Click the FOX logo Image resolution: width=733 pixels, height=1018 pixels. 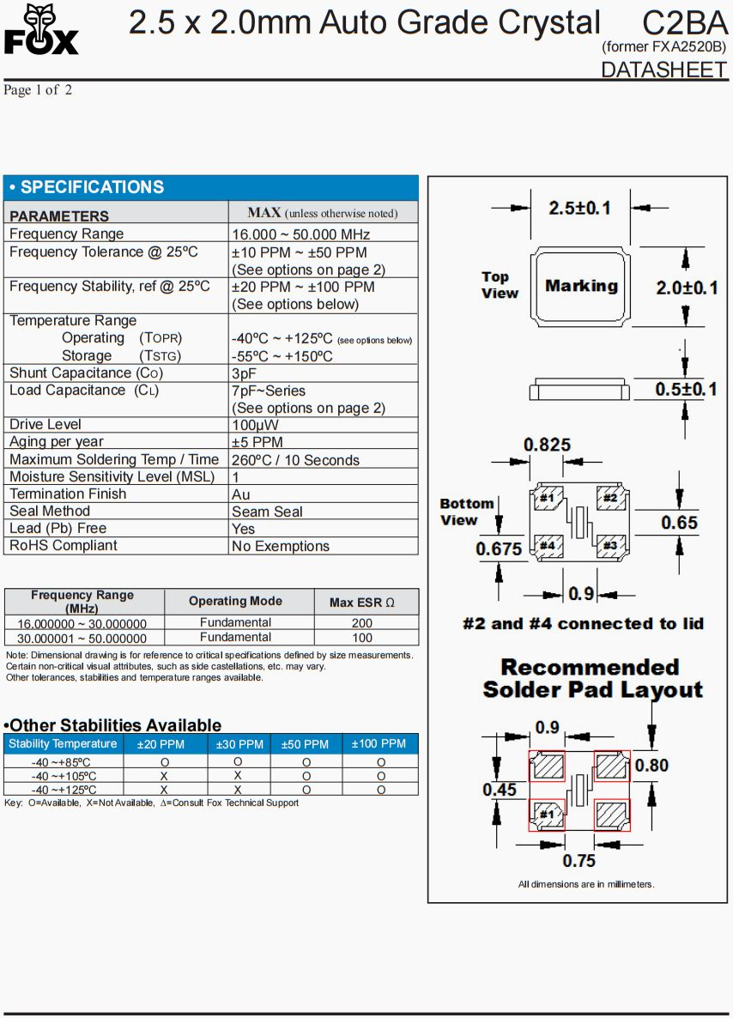point(41,30)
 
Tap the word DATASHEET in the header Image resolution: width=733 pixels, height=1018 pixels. point(663,70)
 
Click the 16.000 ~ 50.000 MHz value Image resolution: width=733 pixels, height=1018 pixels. point(300,234)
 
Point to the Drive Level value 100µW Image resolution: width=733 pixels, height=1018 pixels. point(255,425)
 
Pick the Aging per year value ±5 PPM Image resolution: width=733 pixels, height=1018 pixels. point(257,442)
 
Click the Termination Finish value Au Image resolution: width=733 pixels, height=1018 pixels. point(241,494)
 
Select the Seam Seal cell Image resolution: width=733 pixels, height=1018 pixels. point(267,512)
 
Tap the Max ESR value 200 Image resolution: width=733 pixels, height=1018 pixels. point(362,623)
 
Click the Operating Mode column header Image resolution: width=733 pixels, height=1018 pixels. point(235,602)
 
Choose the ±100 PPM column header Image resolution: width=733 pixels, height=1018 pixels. point(379,744)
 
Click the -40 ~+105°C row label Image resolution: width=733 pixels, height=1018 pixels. point(64,776)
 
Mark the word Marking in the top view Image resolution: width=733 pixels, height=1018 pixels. point(581,286)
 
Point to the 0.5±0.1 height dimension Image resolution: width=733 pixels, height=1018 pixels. point(686,389)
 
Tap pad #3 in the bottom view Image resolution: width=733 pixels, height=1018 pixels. point(609,545)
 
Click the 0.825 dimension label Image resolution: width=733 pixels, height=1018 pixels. point(547,445)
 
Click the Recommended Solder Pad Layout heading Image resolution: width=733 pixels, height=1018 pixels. point(592,678)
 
